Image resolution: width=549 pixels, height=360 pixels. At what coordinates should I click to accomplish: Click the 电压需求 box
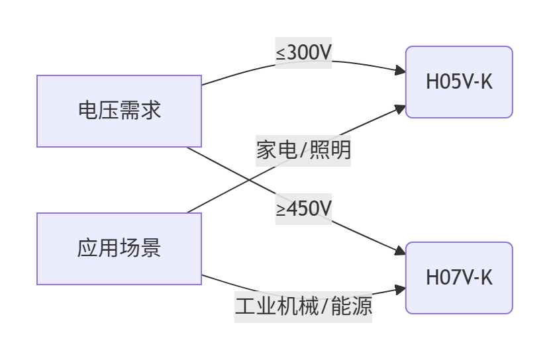119,111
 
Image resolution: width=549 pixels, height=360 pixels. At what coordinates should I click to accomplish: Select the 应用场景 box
119,249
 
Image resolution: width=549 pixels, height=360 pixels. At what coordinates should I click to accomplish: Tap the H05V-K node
459,82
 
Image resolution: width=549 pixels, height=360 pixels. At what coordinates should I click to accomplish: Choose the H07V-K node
459,278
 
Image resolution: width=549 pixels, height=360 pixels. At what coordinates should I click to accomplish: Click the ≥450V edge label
303,209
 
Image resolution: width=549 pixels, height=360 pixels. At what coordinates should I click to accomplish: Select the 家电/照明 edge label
303,150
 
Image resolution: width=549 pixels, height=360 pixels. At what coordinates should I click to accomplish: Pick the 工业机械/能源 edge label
303,306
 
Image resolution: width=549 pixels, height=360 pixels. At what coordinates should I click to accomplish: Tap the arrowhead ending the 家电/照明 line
401,107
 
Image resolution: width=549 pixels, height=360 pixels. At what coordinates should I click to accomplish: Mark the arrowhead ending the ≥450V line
401,251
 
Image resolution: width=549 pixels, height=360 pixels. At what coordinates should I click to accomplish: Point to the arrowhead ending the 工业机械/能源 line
401,289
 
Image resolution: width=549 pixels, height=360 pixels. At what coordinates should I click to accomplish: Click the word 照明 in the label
330,150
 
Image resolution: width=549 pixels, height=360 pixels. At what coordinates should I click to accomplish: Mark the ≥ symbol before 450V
281,210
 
